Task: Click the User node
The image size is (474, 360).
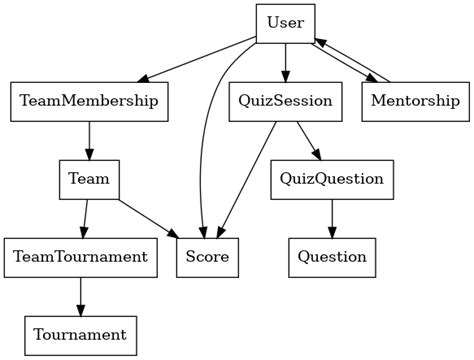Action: click(x=286, y=23)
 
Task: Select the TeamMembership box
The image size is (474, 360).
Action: click(x=90, y=101)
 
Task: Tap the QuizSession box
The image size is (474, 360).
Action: click(x=286, y=101)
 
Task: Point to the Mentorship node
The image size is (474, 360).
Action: click(x=415, y=101)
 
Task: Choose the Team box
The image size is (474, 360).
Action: click(x=89, y=179)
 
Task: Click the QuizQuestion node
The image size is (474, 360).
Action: click(x=332, y=179)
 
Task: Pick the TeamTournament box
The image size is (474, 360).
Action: click(x=81, y=257)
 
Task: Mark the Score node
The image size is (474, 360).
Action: click(x=208, y=257)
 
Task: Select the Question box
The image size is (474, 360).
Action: click(x=332, y=257)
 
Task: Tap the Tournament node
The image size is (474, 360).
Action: click(x=81, y=334)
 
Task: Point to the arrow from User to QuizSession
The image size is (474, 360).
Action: click(x=286, y=62)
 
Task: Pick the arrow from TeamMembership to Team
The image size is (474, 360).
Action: click(x=90, y=140)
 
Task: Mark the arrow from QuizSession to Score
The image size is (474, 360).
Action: click(x=248, y=180)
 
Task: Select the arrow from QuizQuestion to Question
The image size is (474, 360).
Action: click(x=332, y=218)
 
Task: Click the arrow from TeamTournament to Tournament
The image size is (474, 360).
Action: click(x=81, y=296)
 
